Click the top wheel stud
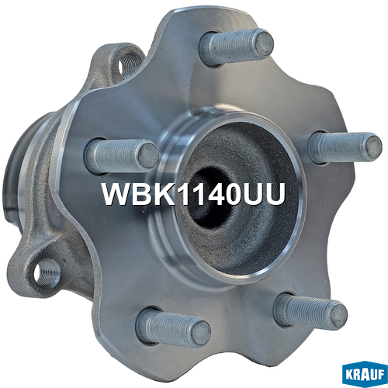[236, 47]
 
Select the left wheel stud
[122, 156]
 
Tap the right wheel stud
[345, 147]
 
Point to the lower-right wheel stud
[310, 311]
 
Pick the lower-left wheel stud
[173, 327]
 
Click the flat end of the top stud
[264, 43]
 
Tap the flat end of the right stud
[373, 147]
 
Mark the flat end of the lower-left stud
[201, 333]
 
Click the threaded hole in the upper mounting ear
[129, 64]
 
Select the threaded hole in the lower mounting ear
[47, 273]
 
